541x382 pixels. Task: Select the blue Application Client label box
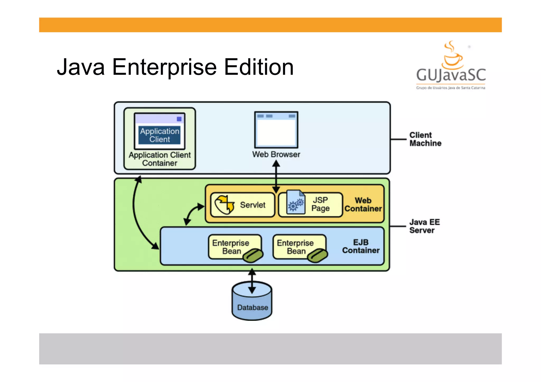[160, 135]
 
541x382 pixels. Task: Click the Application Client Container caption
[160, 159]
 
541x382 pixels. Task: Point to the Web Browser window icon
[276, 130]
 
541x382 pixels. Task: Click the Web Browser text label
[276, 154]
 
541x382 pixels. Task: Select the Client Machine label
[425, 139]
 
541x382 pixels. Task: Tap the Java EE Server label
[424, 226]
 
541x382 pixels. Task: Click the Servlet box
[242, 205]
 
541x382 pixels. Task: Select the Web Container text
[363, 205]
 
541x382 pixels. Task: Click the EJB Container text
[361, 246]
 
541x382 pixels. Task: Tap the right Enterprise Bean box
[296, 247]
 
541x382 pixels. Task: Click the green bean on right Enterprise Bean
[318, 256]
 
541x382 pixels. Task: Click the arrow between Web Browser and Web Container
[276, 177]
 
